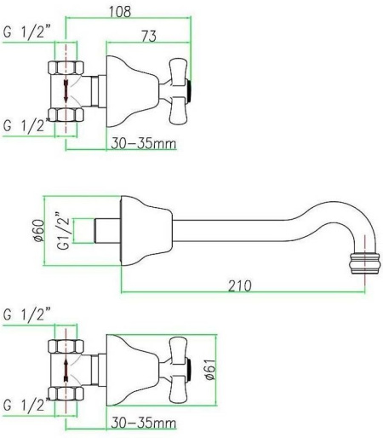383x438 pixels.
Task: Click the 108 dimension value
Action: [x=120, y=12]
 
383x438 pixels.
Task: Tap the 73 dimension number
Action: [x=149, y=36]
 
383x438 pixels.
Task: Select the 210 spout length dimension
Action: [x=240, y=285]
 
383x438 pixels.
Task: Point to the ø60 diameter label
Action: [x=39, y=230]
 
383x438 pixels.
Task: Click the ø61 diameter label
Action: [x=211, y=369]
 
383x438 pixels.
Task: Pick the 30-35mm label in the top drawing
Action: [x=144, y=143]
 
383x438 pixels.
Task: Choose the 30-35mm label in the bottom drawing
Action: [x=144, y=423]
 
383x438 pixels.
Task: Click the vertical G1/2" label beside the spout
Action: [x=63, y=231]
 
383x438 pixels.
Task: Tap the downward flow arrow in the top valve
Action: [x=66, y=91]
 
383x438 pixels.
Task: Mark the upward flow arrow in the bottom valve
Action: [x=66, y=370]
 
